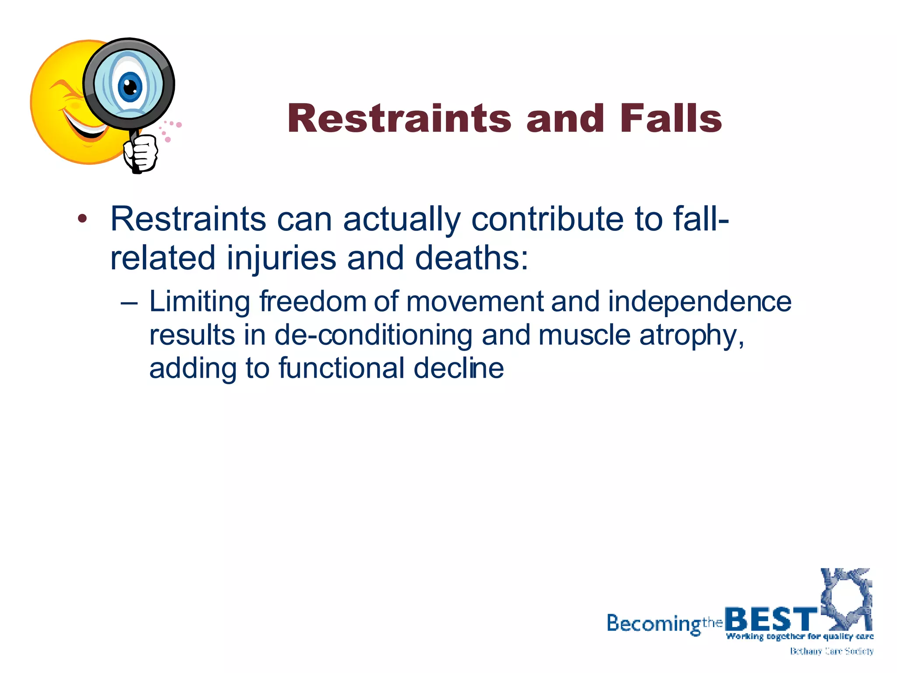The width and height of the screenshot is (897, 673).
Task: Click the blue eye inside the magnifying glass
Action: pyautogui.click(x=130, y=86)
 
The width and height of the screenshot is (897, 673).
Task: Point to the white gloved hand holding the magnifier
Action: pyautogui.click(x=141, y=153)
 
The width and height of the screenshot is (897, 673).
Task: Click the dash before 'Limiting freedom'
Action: pyautogui.click(x=129, y=303)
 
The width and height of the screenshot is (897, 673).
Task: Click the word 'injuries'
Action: pyautogui.click(x=281, y=259)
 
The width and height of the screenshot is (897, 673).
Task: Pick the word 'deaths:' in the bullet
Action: pyautogui.click(x=472, y=258)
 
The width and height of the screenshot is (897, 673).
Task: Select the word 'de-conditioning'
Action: pyautogui.click(x=373, y=335)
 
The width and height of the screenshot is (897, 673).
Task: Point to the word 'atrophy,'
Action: pyautogui.click(x=692, y=336)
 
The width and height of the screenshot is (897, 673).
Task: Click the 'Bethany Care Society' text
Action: pyautogui.click(x=831, y=652)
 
